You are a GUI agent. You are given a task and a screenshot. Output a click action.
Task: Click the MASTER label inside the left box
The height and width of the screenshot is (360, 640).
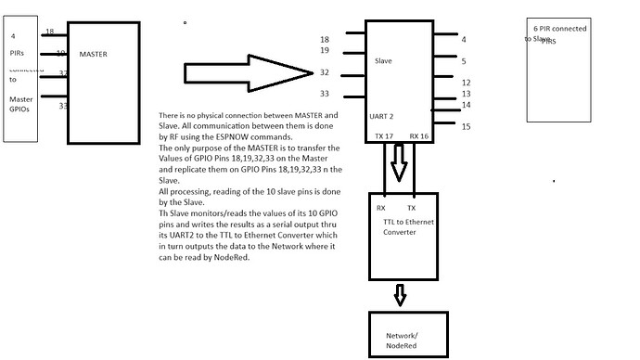click(x=94, y=55)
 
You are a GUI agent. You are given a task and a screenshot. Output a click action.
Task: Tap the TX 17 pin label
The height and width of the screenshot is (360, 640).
click(x=383, y=135)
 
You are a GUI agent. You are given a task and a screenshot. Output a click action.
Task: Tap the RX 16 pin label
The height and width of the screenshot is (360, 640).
click(x=419, y=135)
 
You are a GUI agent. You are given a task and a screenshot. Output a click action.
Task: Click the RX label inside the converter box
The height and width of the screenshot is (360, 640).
click(x=381, y=208)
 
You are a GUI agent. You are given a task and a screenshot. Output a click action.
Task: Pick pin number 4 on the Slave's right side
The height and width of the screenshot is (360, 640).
click(x=464, y=39)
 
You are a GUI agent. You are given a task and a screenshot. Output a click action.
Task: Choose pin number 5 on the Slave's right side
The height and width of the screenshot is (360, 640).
click(x=464, y=61)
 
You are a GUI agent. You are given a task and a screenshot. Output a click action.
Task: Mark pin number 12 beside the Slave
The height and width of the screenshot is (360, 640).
click(x=467, y=83)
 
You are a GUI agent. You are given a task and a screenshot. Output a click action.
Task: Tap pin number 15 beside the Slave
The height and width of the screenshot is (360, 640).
click(x=467, y=126)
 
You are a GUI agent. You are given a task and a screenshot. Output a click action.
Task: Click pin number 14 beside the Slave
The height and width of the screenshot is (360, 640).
click(x=467, y=105)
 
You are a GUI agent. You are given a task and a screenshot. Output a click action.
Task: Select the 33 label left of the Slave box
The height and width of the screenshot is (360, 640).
click(x=325, y=94)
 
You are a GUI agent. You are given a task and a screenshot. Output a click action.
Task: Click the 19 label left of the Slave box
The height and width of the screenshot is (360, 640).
click(x=325, y=51)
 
